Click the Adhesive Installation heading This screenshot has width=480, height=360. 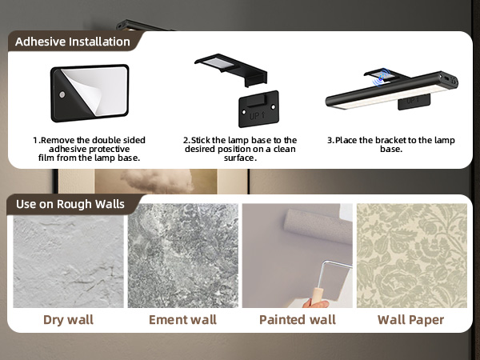[x=72, y=42]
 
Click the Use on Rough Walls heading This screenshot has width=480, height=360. [x=70, y=204]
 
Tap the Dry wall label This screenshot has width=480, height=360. [x=68, y=320]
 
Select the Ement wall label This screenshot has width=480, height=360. [x=182, y=320]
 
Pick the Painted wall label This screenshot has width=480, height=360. [x=297, y=320]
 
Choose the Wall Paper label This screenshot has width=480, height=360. [x=410, y=320]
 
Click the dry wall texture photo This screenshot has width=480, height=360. [x=68, y=256]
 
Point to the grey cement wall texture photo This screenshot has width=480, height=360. [x=182, y=256]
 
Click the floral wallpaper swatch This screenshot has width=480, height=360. [x=410, y=256]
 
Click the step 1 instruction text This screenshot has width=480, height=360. [x=89, y=149]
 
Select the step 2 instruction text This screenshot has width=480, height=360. [x=240, y=149]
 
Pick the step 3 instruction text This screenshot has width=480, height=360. [x=390, y=144]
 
